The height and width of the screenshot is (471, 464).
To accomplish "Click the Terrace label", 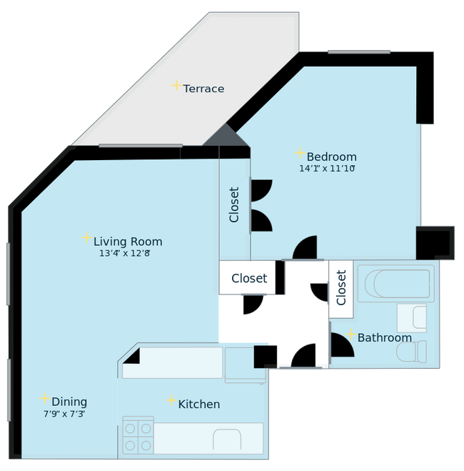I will pos(203,89).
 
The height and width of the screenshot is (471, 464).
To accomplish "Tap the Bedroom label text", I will pos(331,157).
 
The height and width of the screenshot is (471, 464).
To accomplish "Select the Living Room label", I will pos(128,242).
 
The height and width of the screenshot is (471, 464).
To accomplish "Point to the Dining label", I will pos(69,402).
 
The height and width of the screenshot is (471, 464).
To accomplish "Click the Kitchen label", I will pos(198,405).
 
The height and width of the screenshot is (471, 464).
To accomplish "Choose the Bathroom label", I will pos(384,337).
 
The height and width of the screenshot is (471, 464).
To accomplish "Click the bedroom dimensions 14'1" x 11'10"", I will pos(327,169).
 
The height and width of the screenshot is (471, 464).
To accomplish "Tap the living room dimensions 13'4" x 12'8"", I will pos(128,253).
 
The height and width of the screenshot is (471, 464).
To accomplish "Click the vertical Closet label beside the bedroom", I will pos(234,205).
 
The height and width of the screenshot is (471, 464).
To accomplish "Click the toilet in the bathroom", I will pos(414,351).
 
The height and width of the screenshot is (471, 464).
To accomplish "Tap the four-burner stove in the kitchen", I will pos(138,436).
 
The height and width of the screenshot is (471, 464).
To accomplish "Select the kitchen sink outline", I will pos(228,438).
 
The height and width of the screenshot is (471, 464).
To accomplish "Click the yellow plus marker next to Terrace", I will pos(176,86).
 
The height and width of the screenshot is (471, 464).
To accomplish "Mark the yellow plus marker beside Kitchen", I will pos(171,401).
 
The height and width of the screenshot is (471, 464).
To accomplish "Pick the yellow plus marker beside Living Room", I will pos(86,238).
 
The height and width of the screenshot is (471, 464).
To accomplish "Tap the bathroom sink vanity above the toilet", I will pos(411,317).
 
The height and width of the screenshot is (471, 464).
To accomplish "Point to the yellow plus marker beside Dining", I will pos(44,399).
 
